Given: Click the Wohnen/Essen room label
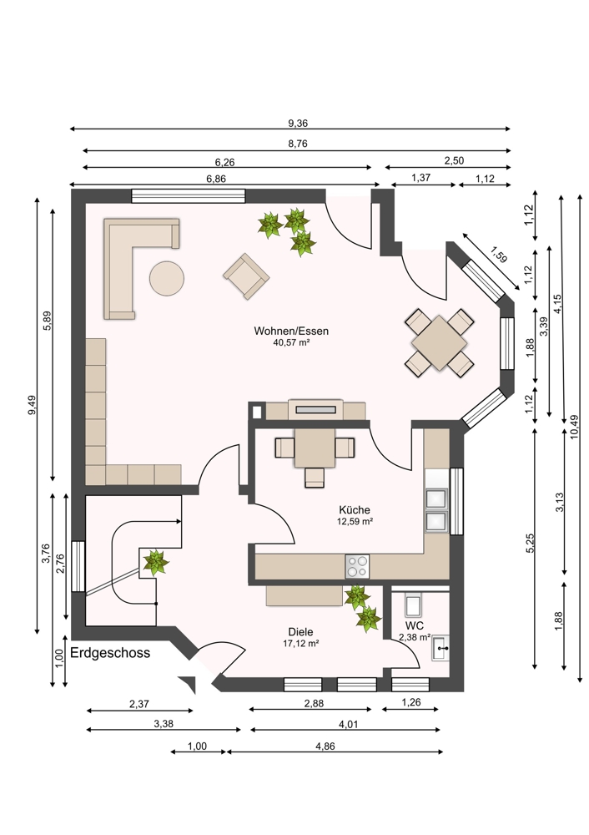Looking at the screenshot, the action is click(291, 331).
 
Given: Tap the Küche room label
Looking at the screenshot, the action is click(355, 510).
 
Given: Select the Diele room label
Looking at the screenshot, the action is click(300, 632).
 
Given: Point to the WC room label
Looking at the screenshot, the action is click(414, 625).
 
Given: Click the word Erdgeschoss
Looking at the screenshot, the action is click(110, 653).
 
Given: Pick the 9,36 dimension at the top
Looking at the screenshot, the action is click(298, 124).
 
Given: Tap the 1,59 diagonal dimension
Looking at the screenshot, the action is click(499, 255).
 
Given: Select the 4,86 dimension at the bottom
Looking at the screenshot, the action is click(325, 746).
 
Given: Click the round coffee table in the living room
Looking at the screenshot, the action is click(167, 278).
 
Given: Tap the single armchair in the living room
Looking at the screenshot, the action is click(246, 276).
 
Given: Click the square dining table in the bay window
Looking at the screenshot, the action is click(439, 342).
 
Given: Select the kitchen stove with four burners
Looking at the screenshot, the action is click(357, 566).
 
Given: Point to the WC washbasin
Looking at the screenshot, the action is click(440, 648).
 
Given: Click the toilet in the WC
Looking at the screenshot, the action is click(414, 605).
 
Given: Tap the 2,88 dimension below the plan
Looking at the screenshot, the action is click(314, 703).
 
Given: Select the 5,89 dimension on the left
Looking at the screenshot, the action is click(48, 321).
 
